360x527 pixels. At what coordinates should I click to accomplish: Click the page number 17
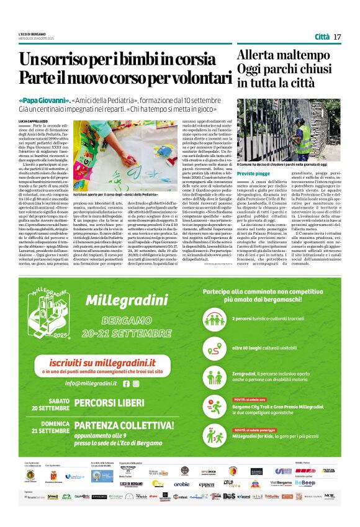[337, 37]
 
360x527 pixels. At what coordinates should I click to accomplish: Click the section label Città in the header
[322, 37]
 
